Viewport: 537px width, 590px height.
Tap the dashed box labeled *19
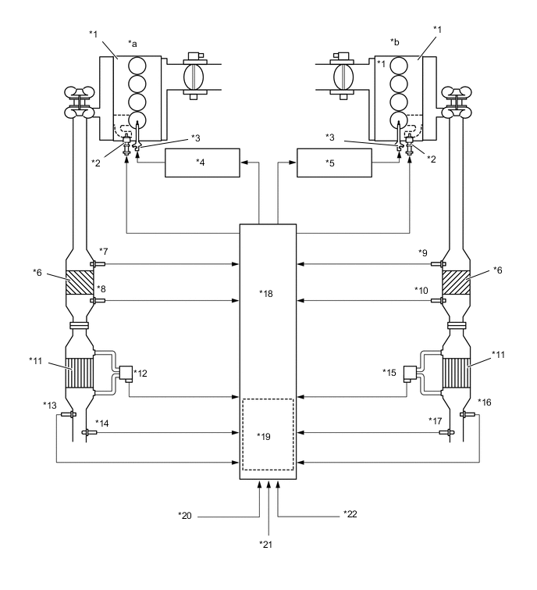pos(267,434)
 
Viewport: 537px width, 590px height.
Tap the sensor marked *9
pos(443,265)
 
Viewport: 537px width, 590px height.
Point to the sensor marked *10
pos(443,300)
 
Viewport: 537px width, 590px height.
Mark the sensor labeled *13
pos(68,413)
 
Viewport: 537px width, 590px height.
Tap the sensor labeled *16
pos(468,413)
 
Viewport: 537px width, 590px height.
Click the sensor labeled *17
pos(448,432)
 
